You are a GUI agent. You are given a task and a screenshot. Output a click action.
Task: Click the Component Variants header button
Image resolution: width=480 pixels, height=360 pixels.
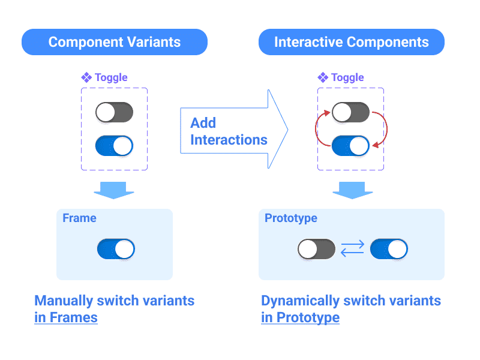[x=114, y=42]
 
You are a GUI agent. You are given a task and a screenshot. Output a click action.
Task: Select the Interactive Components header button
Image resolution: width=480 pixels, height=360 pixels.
[x=352, y=42]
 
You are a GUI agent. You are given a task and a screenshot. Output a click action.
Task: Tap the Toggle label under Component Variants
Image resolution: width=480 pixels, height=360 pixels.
[x=105, y=77]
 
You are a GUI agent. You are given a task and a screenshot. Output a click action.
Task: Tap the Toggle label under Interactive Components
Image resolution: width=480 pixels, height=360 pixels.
[x=341, y=77]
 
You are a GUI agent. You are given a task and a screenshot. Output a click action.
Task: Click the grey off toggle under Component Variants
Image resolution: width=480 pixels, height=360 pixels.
[x=114, y=112]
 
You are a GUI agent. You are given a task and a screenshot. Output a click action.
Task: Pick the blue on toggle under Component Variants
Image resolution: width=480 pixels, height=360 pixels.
[x=114, y=146]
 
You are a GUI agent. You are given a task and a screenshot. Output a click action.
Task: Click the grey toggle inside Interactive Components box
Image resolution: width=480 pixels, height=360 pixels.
[x=351, y=112]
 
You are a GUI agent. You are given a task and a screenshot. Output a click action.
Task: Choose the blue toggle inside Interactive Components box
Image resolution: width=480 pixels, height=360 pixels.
[x=351, y=146]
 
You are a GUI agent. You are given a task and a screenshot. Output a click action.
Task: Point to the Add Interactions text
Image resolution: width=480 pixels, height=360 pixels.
[x=229, y=131]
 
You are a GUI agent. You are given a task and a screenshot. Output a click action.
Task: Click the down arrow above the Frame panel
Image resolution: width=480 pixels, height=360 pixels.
[x=114, y=188]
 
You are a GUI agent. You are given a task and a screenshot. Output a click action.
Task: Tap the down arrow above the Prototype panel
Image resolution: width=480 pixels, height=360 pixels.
[x=352, y=188]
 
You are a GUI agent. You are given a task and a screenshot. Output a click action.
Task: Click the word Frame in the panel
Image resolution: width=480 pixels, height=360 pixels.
[x=79, y=218]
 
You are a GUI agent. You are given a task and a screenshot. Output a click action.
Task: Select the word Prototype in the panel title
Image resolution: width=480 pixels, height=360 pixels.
[x=291, y=218]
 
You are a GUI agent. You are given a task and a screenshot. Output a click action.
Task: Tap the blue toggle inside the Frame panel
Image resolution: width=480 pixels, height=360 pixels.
[x=116, y=249]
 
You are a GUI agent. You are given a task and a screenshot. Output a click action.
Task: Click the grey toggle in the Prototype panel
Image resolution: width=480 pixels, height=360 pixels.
[x=316, y=249]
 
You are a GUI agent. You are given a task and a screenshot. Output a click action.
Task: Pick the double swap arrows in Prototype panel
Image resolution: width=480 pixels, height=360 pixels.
[x=353, y=249]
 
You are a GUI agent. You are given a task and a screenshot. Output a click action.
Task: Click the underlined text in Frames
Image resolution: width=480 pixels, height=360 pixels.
[x=66, y=317]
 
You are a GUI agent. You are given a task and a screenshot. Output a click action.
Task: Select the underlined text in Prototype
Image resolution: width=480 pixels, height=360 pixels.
[x=300, y=317]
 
